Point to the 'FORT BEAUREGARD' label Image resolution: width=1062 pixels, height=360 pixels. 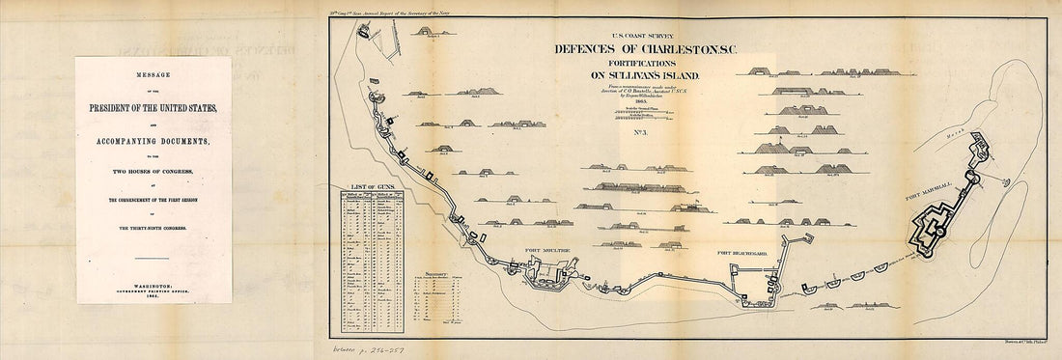coord(744,253)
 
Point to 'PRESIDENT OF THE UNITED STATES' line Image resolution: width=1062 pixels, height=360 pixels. coord(154,107)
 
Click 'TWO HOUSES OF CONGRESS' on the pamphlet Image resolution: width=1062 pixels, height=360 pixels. coord(154,181)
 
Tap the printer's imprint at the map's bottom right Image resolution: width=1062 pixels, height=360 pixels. coord(1026,339)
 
